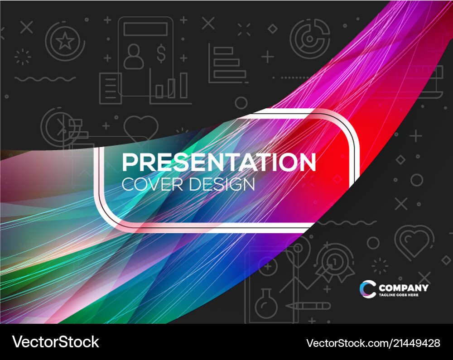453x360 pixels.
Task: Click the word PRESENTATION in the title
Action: pyautogui.click(x=219, y=162)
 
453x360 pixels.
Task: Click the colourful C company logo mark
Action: pyautogui.click(x=367, y=289)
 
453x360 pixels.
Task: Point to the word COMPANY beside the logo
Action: pyautogui.click(x=403, y=288)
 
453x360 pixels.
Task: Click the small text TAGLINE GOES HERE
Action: pyautogui.click(x=399, y=295)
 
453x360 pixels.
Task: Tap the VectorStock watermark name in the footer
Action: pyautogui.click(x=56, y=342)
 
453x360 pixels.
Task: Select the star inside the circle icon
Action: pyautogui.click(x=65, y=42)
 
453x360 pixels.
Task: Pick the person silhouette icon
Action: pyautogui.click(x=133, y=56)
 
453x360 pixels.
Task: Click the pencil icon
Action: pyautogui.click(x=308, y=306)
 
